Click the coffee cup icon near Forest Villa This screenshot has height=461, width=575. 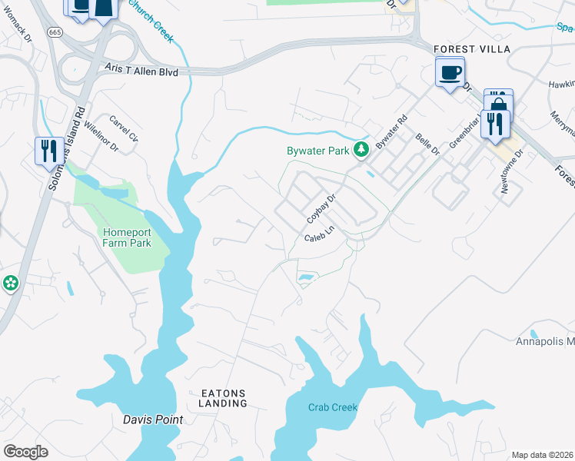coord(450,73)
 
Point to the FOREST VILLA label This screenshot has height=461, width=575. coord(472,49)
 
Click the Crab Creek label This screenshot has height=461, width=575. coord(333,407)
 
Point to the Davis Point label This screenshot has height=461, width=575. coord(153,420)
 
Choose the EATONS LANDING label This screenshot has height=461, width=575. coord(224,398)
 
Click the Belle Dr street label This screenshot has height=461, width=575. coord(427,144)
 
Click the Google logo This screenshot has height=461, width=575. coord(25,452)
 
